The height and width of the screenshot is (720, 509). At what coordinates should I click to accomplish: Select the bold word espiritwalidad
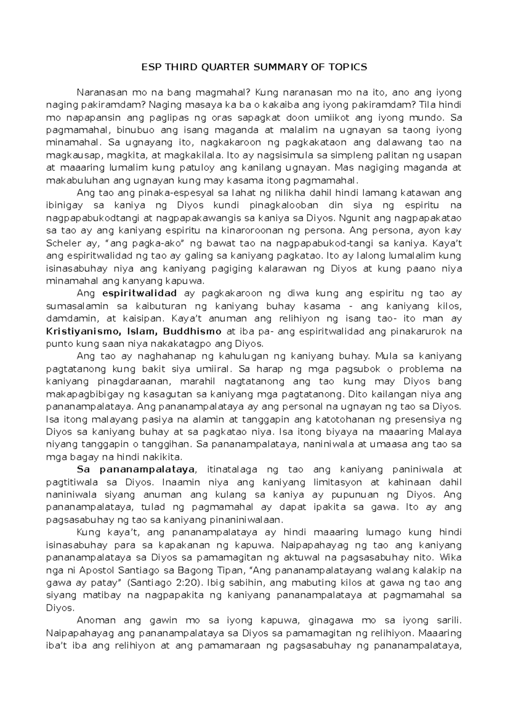[140, 293]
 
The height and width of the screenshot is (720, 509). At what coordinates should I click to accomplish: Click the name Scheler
[60, 243]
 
